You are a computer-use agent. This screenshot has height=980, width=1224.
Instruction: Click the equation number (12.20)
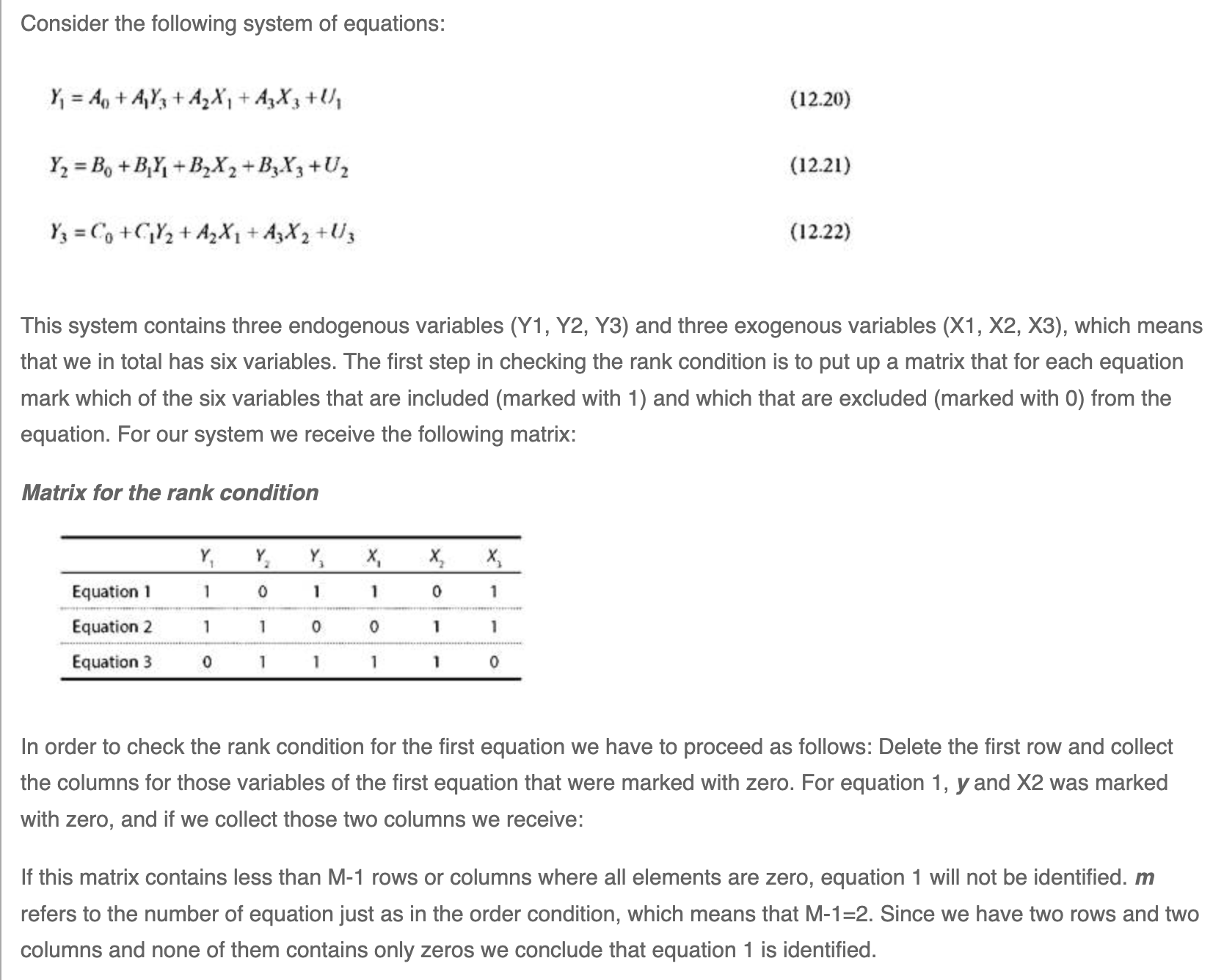820,99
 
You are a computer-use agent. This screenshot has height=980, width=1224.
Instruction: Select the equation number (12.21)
820,166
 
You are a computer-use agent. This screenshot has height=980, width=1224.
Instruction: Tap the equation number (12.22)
820,233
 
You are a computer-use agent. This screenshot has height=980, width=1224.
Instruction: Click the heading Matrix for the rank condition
170,492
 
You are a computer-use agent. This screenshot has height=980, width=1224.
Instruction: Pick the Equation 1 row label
111,591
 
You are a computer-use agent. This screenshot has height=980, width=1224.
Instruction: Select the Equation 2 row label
112,626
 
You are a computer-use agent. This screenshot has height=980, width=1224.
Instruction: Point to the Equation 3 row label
112,662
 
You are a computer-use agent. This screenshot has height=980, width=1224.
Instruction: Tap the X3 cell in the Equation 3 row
493,662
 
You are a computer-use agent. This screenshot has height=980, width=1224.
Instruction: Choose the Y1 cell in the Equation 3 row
207,662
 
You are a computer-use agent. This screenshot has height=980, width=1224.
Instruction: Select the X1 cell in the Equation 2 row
374,627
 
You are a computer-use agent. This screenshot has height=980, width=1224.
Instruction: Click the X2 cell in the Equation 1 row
435,591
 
